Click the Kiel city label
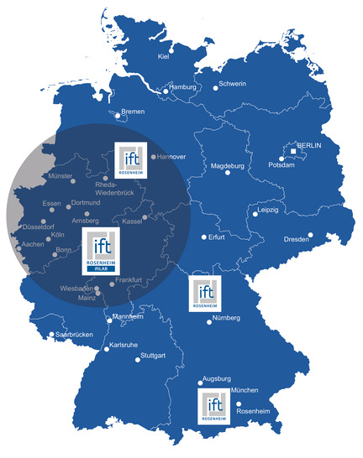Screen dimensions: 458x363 point(164,57)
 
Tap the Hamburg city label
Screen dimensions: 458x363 point(182,87)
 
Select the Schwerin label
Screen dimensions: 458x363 point(232,84)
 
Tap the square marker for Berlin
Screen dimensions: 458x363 point(293,152)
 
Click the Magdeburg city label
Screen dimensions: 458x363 point(227,166)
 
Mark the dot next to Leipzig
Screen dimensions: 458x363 point(254,215)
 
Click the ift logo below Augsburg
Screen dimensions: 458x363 point(213,405)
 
